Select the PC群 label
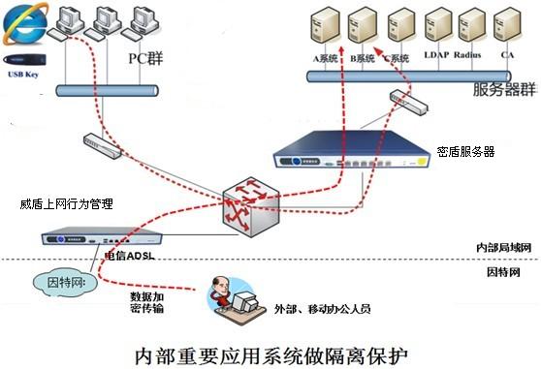pos(146,57)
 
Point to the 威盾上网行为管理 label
pos(66,204)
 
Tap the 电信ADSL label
pos(129,257)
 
